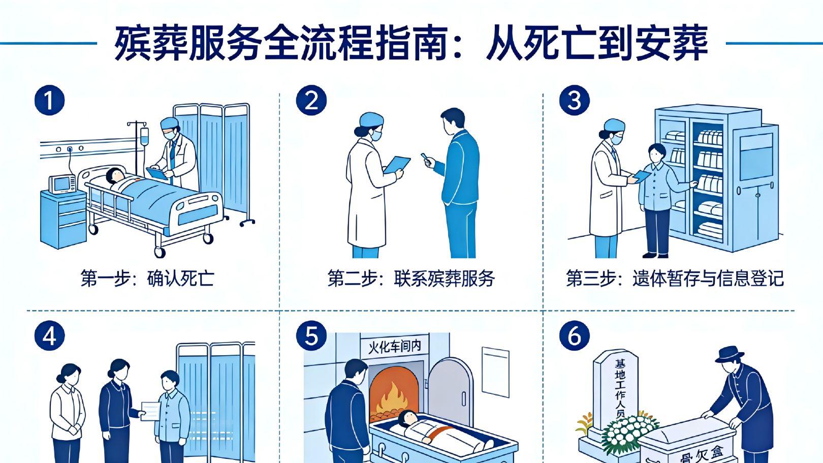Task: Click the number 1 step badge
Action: point(49,100)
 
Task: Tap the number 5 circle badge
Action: point(312,336)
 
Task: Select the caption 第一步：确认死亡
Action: point(147,279)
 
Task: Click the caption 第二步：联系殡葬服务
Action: point(411,279)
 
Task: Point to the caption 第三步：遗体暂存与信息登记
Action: point(675,279)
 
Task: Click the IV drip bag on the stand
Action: point(144,136)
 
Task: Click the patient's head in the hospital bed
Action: point(115,175)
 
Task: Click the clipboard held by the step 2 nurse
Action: point(396,165)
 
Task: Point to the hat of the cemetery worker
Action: point(730,354)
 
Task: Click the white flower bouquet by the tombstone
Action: point(630,433)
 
